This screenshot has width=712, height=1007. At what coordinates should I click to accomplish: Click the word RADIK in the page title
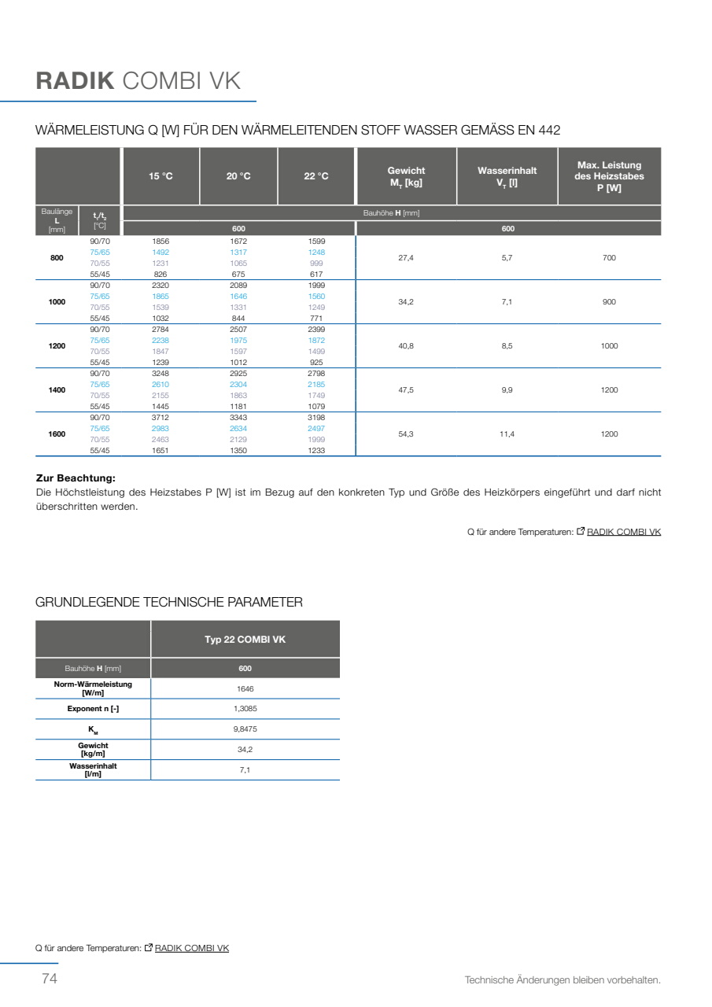point(76,81)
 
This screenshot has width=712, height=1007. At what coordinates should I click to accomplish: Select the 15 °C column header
point(160,176)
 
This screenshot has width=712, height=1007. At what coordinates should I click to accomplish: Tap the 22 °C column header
point(316,176)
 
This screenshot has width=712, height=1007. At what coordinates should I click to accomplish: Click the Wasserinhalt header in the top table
point(507,176)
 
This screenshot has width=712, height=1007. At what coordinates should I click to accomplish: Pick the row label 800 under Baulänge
point(57,258)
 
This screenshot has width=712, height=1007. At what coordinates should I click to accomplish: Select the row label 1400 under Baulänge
point(57,390)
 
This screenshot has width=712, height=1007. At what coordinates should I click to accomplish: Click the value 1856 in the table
point(160,242)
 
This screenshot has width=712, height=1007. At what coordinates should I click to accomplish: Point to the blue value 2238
point(160,341)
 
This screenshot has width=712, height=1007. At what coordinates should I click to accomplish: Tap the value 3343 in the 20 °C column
point(238,418)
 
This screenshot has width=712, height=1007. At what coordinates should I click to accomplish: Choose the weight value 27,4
point(406,258)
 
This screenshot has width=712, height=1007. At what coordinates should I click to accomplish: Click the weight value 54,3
point(406,434)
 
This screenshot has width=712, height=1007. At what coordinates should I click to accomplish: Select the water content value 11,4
point(507,434)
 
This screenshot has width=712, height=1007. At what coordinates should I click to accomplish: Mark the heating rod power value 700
point(609,258)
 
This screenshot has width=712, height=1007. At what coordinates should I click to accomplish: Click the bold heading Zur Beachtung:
point(76,478)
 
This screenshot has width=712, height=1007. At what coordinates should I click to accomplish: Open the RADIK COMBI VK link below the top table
point(624,533)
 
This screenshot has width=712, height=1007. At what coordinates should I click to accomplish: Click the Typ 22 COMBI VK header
point(245,640)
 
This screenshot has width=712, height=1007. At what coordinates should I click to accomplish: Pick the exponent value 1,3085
point(245,709)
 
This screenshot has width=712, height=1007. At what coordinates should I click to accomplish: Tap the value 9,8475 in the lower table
point(245,729)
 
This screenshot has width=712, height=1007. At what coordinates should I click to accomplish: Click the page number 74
point(49,979)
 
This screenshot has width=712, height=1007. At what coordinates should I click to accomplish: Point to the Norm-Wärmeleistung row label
point(93,688)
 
